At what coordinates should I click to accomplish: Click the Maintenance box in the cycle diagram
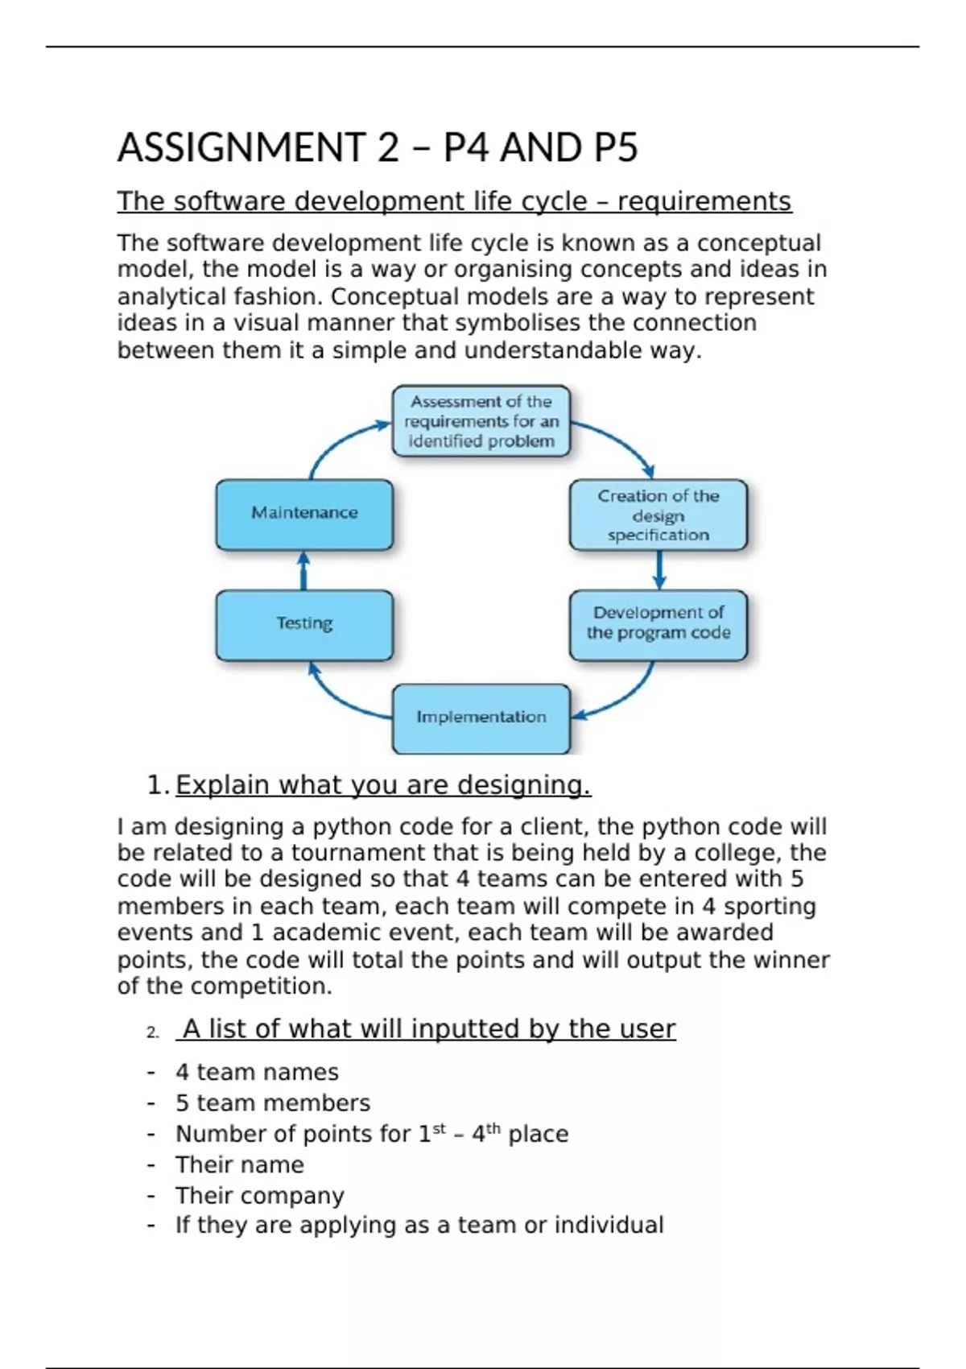click(x=304, y=514)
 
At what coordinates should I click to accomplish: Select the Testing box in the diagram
click(x=304, y=624)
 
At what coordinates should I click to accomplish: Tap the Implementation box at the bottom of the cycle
click(x=481, y=718)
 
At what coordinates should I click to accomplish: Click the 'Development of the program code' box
click(x=658, y=624)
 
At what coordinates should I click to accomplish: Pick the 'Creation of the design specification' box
click(x=658, y=515)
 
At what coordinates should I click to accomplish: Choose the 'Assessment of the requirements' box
click(x=481, y=421)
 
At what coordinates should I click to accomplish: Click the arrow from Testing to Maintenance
click(x=303, y=570)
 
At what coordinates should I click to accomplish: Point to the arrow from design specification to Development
click(x=659, y=570)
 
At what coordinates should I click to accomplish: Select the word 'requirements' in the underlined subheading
click(x=704, y=201)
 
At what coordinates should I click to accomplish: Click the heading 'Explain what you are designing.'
click(x=383, y=785)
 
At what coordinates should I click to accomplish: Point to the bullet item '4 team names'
click(x=257, y=1073)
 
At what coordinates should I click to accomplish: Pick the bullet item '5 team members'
click(x=273, y=1103)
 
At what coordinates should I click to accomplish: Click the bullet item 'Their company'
click(x=259, y=1196)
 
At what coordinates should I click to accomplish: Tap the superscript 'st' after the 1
click(x=439, y=1129)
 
